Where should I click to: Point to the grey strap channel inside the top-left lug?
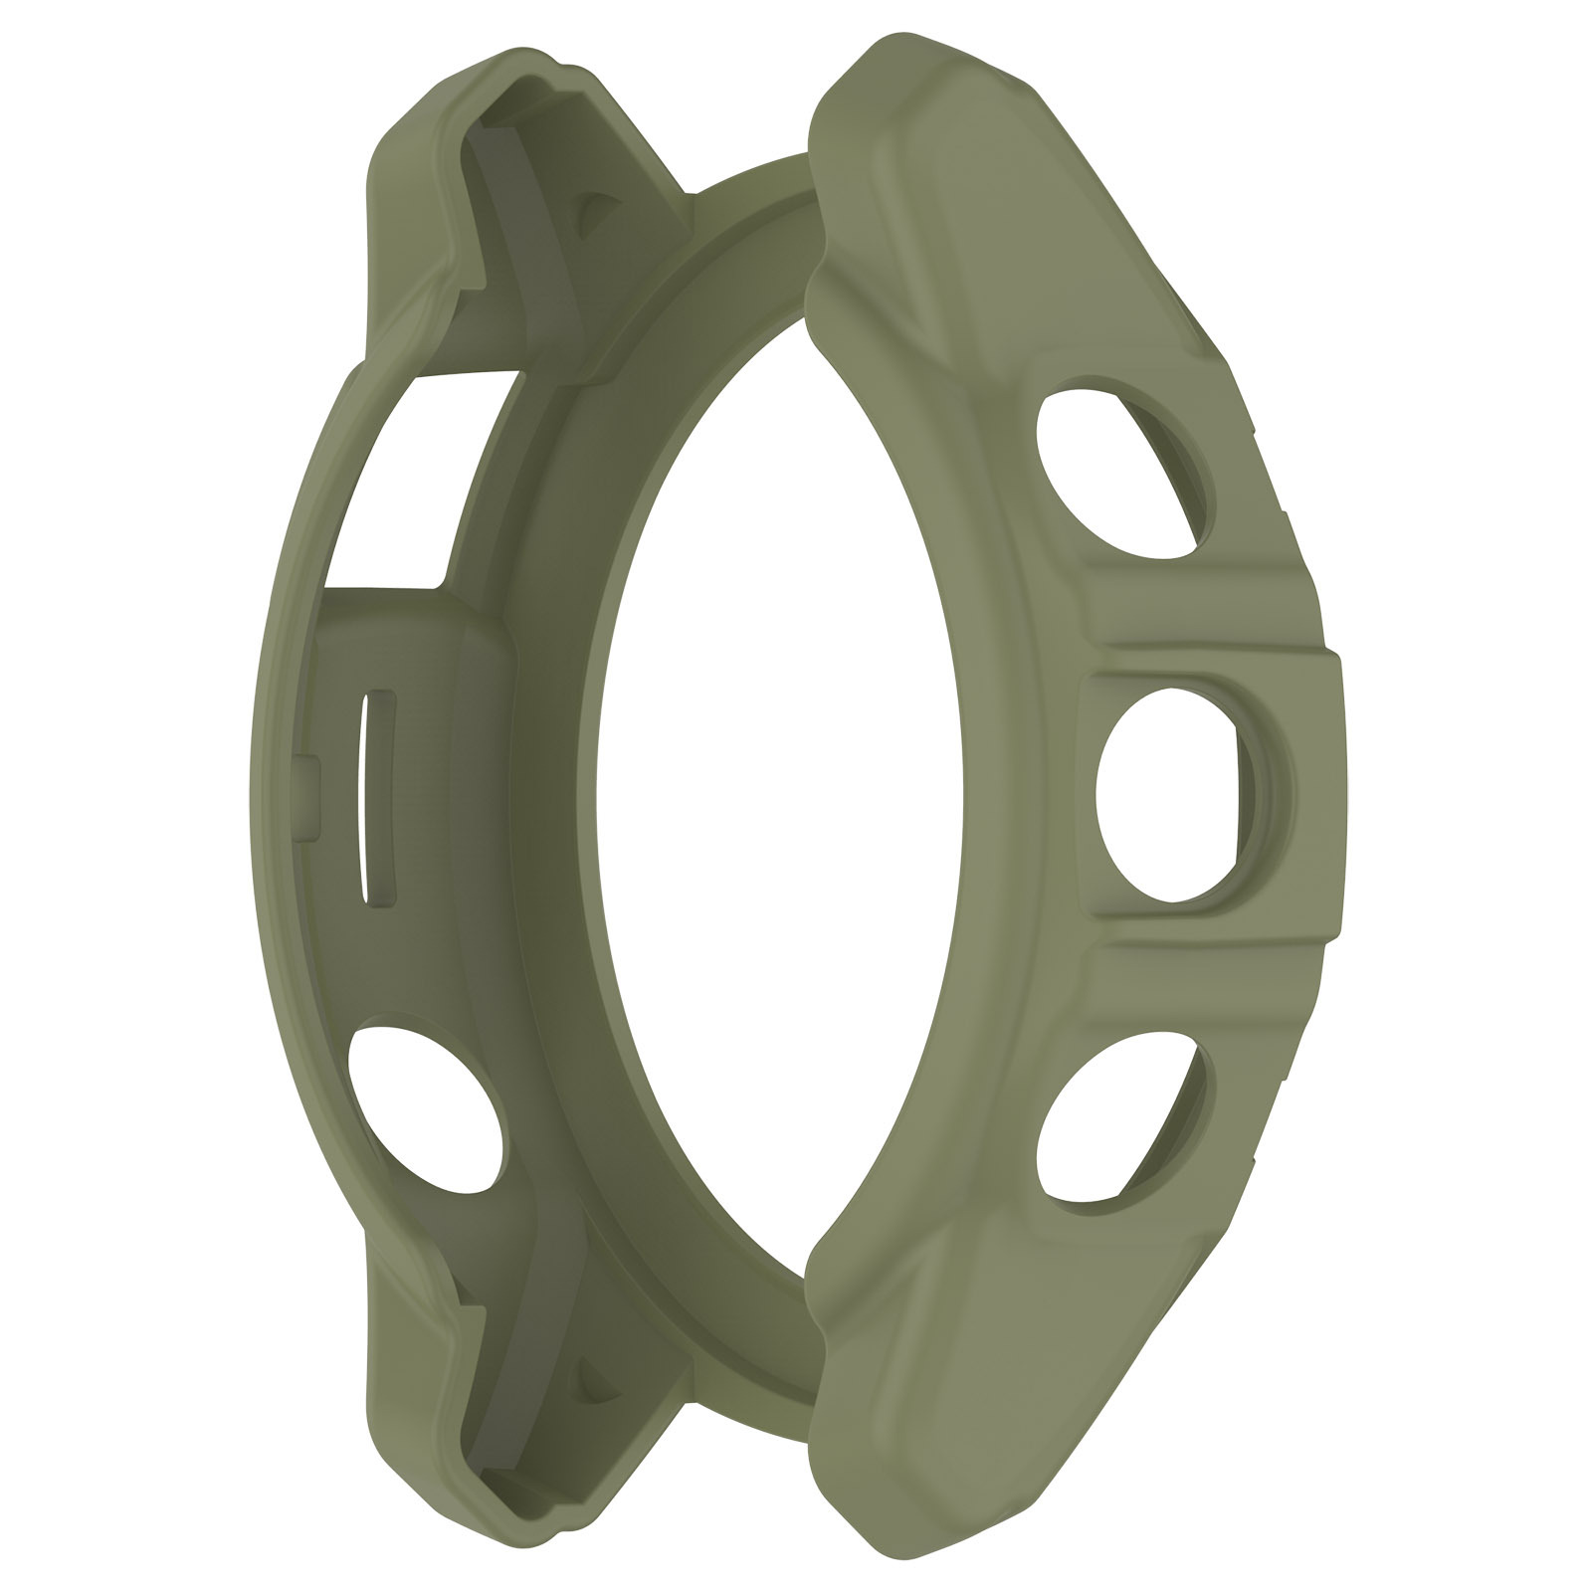(497, 249)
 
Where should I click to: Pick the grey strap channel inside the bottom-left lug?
(497, 1343)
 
